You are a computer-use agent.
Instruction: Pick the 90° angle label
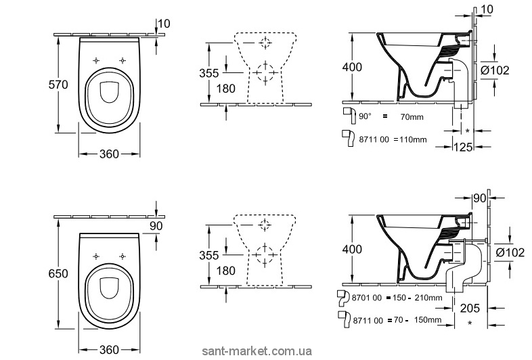tap(365, 116)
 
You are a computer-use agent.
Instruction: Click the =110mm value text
tap(413, 139)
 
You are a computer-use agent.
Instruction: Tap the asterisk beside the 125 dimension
tap(468, 129)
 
